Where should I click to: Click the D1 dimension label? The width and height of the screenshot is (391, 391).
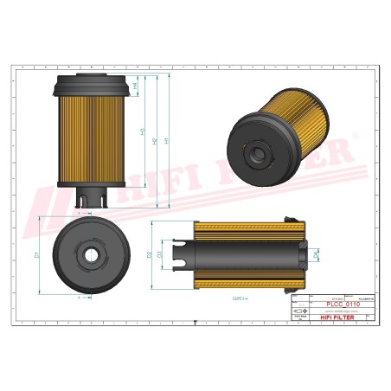(x=35, y=255)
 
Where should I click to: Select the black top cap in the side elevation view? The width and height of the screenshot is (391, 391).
(x=85, y=85)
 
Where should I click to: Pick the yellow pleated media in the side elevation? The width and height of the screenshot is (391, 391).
(x=85, y=138)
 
